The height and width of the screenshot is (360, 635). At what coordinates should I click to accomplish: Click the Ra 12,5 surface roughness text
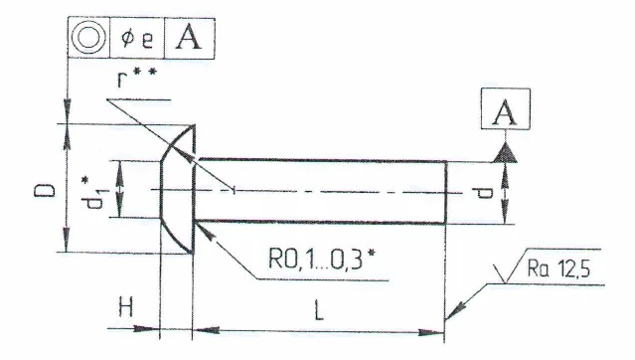coord(579,269)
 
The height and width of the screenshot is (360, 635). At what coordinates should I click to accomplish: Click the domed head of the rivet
coord(177,189)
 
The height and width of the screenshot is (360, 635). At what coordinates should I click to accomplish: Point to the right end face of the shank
coord(445,189)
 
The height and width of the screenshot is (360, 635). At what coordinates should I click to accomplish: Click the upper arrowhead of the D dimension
coord(67,129)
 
